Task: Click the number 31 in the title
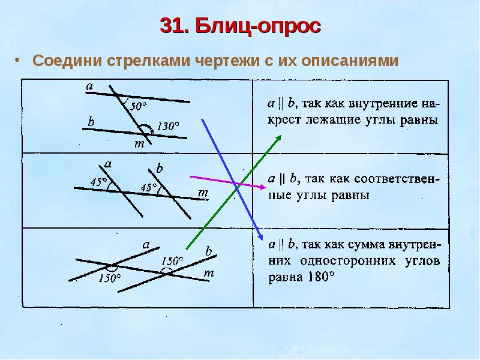tap(172, 27)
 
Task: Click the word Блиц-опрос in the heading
tap(259, 27)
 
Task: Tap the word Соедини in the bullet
tap(68, 62)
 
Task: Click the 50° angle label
tap(138, 106)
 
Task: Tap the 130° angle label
tap(168, 127)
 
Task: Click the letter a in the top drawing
tap(89, 87)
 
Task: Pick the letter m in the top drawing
tap(139, 144)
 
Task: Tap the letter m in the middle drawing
tap(203, 193)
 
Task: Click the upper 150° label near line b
tap(172, 260)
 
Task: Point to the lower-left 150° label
tap(109, 278)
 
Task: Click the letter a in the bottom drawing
tap(146, 244)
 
